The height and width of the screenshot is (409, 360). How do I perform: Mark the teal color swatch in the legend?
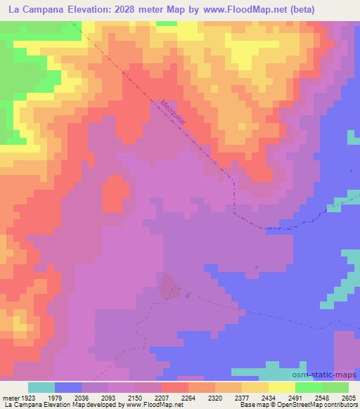click(41, 387)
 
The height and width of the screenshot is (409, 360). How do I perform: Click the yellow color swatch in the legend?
click(281, 387)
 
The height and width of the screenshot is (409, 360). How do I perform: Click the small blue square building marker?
click(186, 295)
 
